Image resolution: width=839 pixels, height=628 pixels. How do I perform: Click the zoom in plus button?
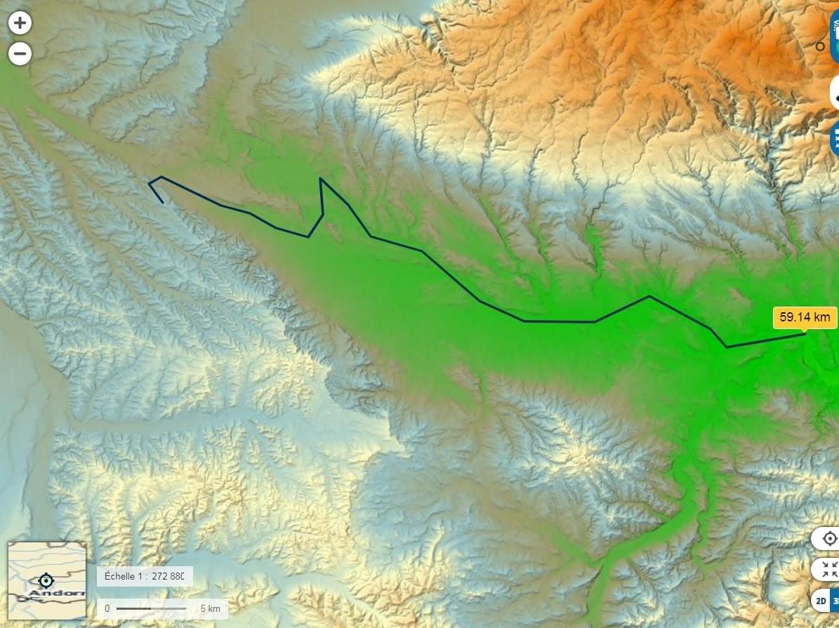20,23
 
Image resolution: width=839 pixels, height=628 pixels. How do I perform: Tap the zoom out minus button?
20,54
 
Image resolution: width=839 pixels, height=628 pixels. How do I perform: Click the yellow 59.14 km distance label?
805,317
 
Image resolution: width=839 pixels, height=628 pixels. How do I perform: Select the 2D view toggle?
821,601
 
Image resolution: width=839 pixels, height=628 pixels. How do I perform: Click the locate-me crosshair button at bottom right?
829,539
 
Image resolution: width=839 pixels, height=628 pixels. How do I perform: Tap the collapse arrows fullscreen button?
829,569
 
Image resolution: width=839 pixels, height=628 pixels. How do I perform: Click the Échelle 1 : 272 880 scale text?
144,576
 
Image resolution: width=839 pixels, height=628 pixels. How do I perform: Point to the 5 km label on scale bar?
210,608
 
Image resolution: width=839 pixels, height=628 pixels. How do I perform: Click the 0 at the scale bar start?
107,608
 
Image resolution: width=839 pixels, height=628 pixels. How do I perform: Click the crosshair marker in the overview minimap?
46,581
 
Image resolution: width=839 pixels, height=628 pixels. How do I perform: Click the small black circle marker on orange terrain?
819,46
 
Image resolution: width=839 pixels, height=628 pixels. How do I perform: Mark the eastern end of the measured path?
805,334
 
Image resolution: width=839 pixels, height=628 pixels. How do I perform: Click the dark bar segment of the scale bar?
133,608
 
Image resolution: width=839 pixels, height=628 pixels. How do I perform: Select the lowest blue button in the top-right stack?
834,138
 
